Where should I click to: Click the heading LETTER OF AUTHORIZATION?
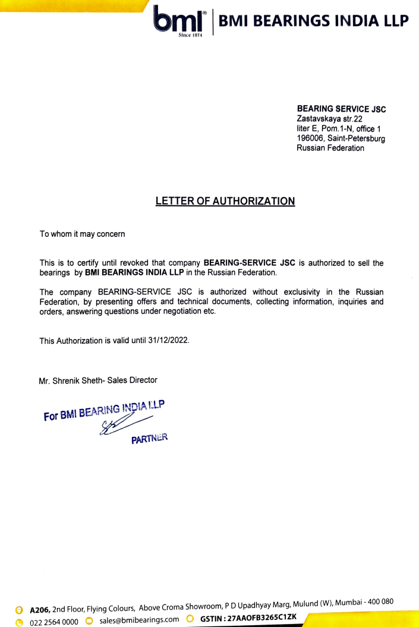[x=225, y=201]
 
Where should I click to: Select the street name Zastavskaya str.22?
[x=329, y=119]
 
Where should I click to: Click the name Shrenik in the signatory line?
[x=73, y=380]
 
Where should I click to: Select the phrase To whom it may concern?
[x=82, y=234]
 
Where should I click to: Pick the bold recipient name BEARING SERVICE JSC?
[x=341, y=110]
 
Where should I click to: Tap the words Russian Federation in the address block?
[x=330, y=148]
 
